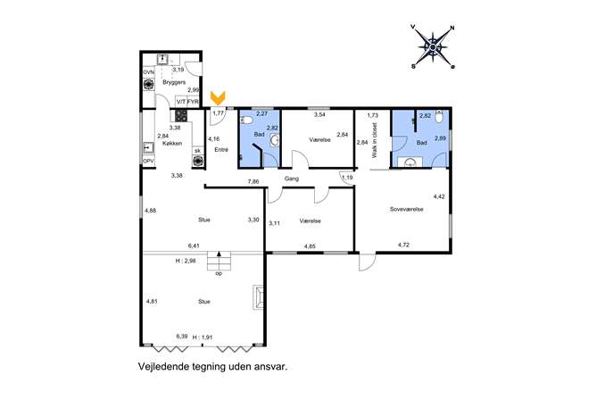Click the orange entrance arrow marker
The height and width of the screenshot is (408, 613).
point(218,98)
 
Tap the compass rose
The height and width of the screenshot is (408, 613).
point(433,47)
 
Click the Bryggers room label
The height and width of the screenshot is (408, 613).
point(174,82)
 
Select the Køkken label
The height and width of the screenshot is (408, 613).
point(172,143)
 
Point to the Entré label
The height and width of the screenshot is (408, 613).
point(221,150)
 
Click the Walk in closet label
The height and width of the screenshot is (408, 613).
point(375,140)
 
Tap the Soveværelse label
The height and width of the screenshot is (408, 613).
point(407,209)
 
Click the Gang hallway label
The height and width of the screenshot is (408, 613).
point(292,179)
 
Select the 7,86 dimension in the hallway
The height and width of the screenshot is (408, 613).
point(253,181)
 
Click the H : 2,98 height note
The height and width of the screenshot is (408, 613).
point(186,261)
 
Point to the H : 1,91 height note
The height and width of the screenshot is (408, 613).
point(203,337)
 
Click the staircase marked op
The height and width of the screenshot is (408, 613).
point(219,261)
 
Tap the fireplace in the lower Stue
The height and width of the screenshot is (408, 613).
point(258,297)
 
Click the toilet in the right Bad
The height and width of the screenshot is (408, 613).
point(439,117)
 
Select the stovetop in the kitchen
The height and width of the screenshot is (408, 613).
point(181,115)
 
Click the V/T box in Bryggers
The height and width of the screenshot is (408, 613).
point(180,102)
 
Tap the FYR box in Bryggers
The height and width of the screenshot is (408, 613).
point(193,102)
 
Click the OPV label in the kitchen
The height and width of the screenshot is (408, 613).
point(148,162)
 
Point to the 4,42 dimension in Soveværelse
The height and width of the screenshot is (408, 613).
point(439,196)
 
